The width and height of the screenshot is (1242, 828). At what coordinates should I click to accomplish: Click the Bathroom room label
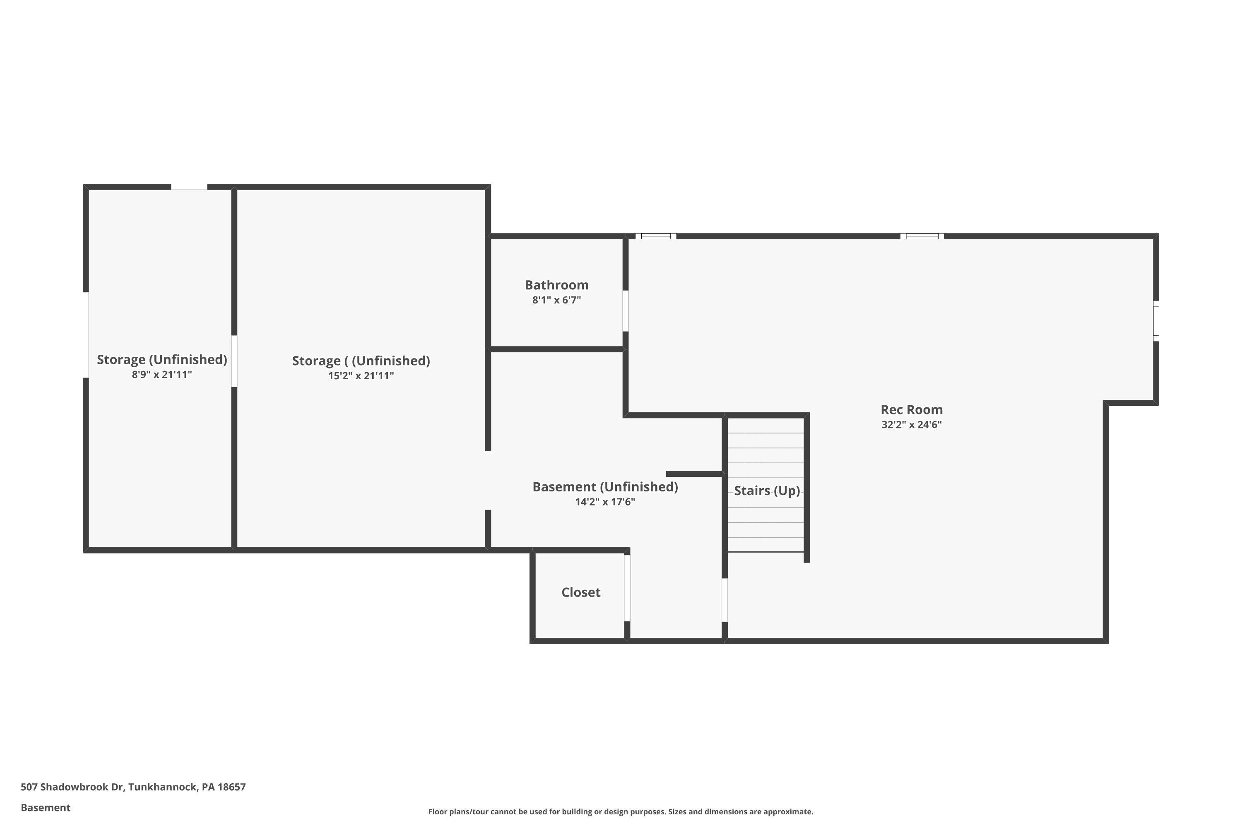click(556, 285)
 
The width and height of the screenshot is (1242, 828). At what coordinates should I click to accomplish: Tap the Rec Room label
click(912, 410)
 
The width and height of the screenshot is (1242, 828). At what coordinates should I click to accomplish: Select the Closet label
click(580, 592)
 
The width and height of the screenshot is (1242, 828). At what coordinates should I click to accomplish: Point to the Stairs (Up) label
click(766, 491)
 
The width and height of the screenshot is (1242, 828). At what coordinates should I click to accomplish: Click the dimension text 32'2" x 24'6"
click(912, 425)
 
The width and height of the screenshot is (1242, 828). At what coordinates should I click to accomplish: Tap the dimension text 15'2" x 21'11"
click(361, 376)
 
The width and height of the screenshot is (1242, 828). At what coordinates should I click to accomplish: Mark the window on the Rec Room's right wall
click(1155, 321)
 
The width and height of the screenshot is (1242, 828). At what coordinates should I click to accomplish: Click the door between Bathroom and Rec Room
click(625, 311)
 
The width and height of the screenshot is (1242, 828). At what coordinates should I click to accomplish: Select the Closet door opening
click(627, 588)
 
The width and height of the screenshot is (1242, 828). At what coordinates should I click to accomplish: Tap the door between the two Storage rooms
click(234, 361)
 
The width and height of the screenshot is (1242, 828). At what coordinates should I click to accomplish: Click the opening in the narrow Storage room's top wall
click(189, 187)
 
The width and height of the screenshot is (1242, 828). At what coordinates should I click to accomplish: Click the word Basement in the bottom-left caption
click(46, 807)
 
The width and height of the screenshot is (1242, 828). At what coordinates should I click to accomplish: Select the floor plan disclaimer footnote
click(621, 811)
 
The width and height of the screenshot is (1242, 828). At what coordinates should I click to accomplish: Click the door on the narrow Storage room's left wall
click(86, 335)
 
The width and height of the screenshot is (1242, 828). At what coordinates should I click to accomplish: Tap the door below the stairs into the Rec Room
click(724, 600)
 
